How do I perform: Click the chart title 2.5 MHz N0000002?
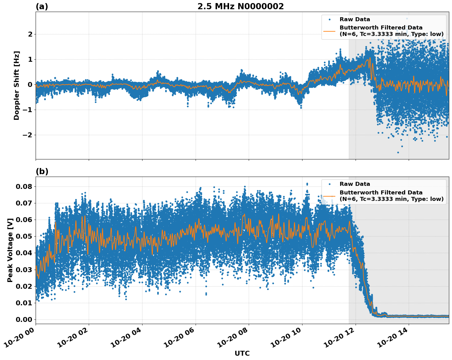240,6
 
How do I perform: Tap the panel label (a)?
42,6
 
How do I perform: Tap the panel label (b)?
42,171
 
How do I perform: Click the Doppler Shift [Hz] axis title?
17,85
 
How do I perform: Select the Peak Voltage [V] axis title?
10,250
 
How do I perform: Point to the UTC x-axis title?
242,353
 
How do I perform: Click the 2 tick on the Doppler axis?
30,34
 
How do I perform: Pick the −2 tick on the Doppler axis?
28,135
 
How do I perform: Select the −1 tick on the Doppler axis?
28,110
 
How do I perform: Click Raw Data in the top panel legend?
355,19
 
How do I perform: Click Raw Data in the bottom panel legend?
355,184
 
